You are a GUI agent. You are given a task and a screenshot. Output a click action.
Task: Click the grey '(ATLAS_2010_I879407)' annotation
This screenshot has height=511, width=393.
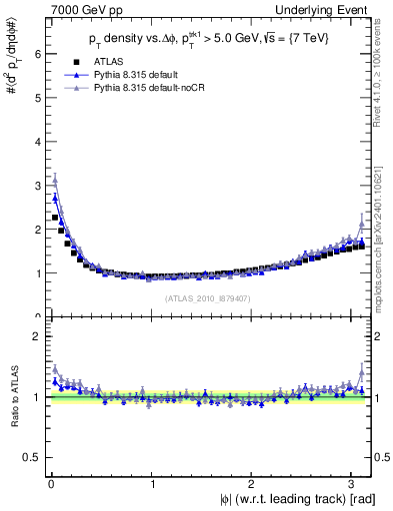207,296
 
